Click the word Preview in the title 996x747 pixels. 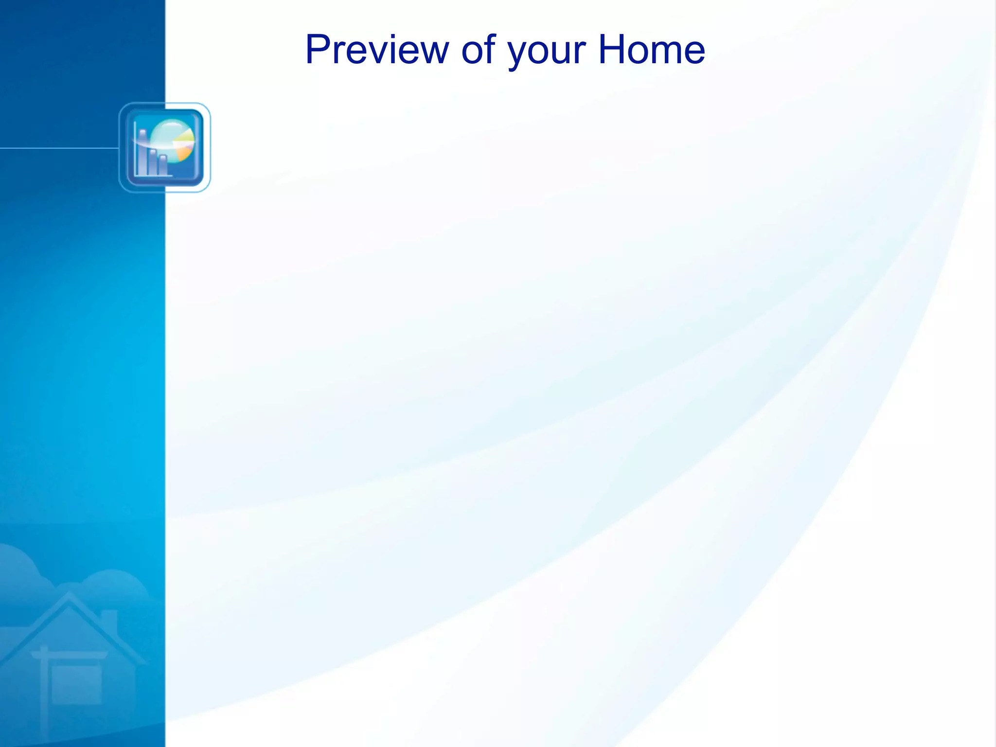pos(377,50)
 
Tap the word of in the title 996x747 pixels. pos(478,50)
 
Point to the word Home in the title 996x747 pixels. pos(651,50)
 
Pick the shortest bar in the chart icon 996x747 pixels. pos(162,165)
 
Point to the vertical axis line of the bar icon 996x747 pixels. pos(135,148)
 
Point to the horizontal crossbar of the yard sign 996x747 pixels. pos(68,655)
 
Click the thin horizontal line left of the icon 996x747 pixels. pos(58,148)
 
